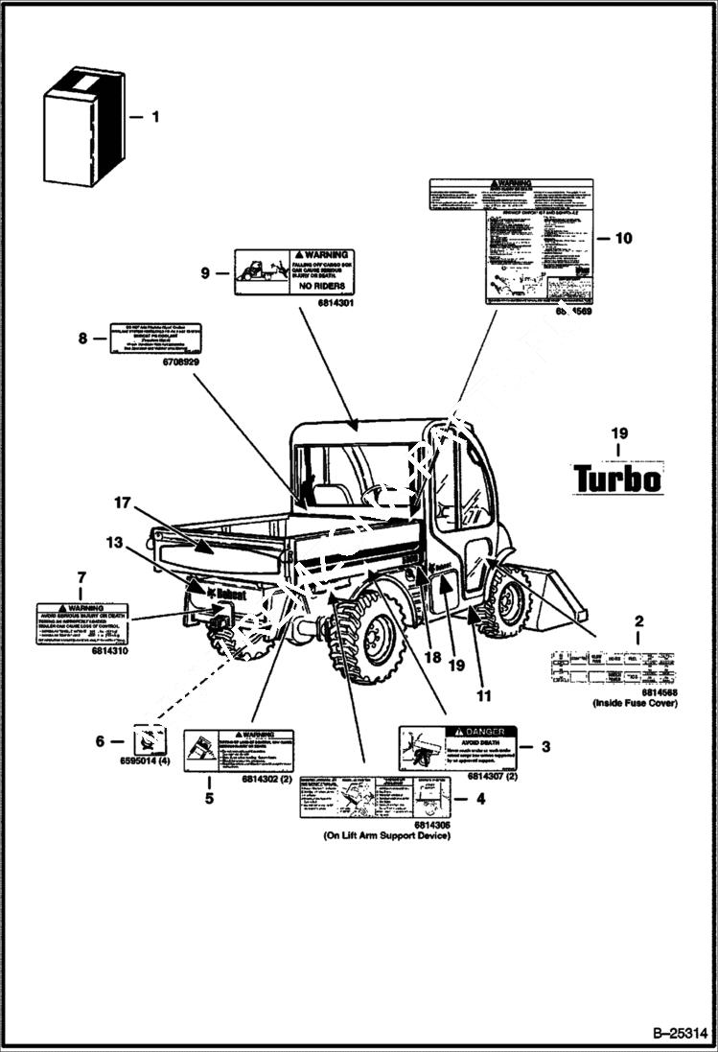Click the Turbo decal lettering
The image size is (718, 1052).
point(617,478)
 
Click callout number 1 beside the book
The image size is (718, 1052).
point(155,117)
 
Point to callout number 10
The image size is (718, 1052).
point(623,239)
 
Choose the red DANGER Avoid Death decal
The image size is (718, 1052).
point(457,749)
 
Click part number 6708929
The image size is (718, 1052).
point(178,362)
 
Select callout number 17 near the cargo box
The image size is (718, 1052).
point(120,503)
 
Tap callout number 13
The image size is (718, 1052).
point(114,543)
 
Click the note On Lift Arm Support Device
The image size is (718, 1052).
point(386,835)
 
